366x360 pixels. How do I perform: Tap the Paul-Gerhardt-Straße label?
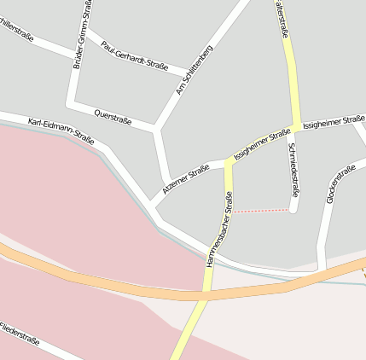pos(135,53)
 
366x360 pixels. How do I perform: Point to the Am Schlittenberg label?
pos(195,70)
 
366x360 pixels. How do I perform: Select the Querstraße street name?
pos(113,116)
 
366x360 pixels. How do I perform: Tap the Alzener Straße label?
pos(186,179)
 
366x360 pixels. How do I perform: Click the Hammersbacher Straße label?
pos(218,231)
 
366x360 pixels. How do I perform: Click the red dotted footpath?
pos(261,210)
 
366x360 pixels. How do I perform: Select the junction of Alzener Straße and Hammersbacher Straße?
pos(228,162)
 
